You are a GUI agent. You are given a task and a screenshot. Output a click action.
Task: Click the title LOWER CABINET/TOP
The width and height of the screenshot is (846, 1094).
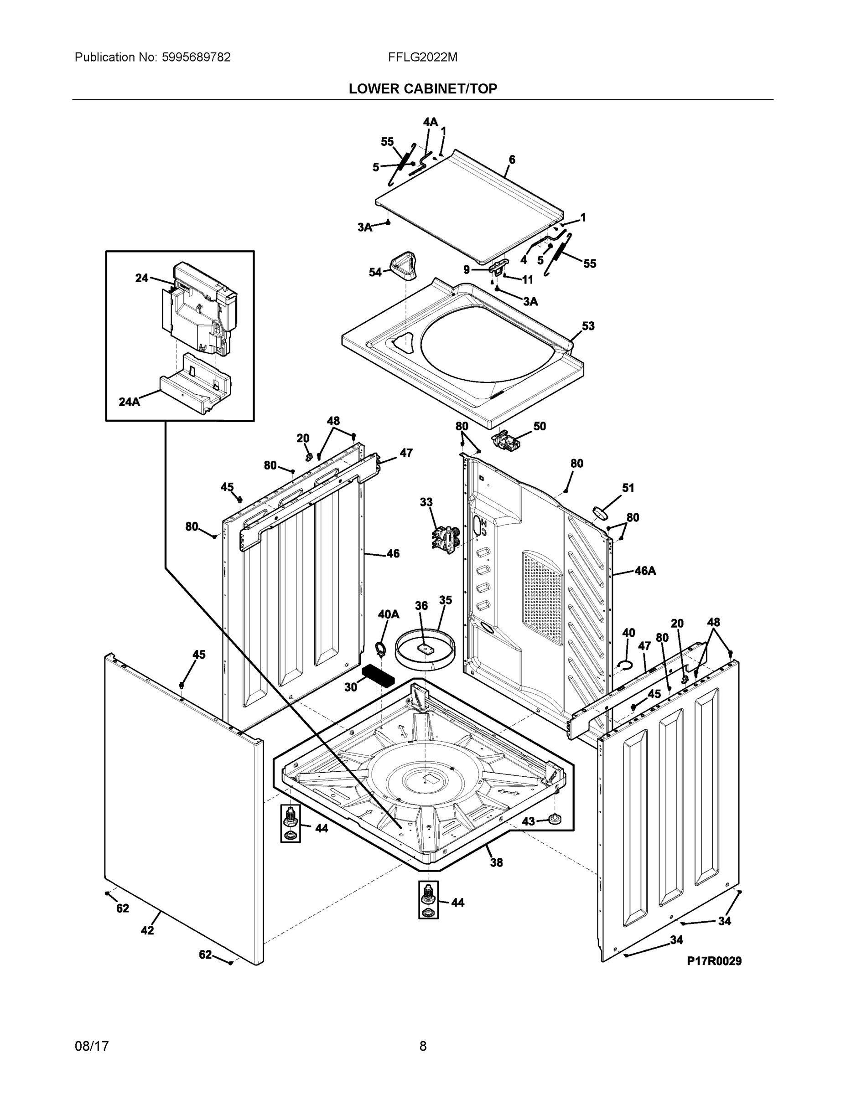click(x=422, y=89)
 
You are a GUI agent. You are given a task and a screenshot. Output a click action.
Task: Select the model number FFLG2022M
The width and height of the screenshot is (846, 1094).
click(x=422, y=57)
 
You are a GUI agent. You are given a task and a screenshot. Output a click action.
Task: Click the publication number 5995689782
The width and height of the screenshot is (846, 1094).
click(x=196, y=57)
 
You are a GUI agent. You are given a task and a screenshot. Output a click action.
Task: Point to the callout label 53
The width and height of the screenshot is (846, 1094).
click(x=588, y=326)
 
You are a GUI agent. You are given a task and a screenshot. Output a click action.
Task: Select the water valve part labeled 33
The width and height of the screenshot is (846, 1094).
click(x=445, y=538)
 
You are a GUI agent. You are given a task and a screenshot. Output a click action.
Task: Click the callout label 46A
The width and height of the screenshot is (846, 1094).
click(x=644, y=571)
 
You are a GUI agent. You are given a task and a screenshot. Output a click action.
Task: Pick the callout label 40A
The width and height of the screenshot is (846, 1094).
click(x=388, y=614)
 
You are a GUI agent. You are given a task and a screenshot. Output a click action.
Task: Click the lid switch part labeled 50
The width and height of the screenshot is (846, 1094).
click(x=505, y=440)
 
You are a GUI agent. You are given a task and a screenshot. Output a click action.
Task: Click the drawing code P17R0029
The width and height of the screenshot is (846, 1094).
click(x=714, y=961)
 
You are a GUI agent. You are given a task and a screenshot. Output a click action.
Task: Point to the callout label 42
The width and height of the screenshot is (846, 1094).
click(x=147, y=930)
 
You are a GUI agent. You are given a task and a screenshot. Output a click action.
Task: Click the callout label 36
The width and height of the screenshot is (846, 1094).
click(x=421, y=606)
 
